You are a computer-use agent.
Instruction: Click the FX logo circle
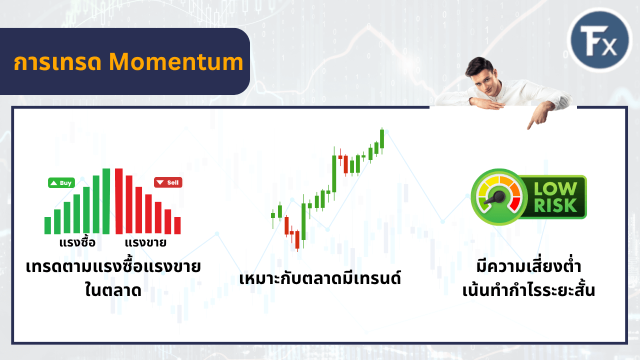click(601, 40)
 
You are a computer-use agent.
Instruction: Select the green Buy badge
click(61, 183)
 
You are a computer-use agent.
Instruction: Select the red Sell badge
click(168, 182)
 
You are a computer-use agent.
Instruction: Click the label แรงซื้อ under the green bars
click(76, 243)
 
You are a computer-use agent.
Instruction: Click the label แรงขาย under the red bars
click(145, 243)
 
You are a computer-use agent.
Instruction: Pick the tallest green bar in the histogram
click(106, 201)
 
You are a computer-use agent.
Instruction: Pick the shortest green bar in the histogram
click(48, 225)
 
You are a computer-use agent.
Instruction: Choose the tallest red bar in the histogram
click(118, 201)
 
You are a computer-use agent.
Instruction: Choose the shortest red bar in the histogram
click(177, 225)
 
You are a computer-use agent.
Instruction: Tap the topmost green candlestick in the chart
click(382, 138)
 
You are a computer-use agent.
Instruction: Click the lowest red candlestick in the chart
click(297, 239)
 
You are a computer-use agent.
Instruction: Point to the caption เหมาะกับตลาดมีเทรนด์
click(320, 277)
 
